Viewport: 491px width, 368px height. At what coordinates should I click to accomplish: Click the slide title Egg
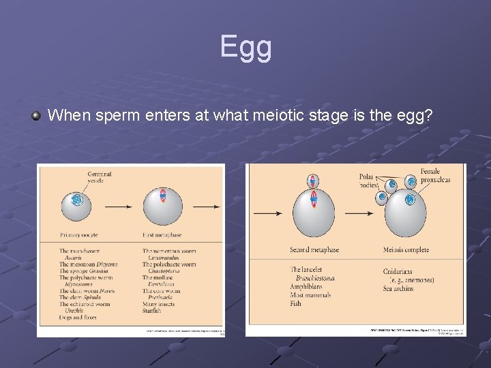pos(245,47)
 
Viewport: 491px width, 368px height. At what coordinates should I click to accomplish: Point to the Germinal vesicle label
pos(99,177)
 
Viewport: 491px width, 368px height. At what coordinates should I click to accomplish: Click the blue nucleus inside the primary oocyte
pos(76,200)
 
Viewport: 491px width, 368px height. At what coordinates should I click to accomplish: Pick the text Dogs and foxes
pos(78,317)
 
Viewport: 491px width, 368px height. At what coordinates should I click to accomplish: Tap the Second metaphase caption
pos(314,250)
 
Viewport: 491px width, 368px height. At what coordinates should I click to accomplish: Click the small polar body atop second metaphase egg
pos(314,181)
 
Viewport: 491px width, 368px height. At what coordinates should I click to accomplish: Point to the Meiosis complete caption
pos(406,250)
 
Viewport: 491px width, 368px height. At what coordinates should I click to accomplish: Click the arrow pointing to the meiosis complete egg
pos(361,213)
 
